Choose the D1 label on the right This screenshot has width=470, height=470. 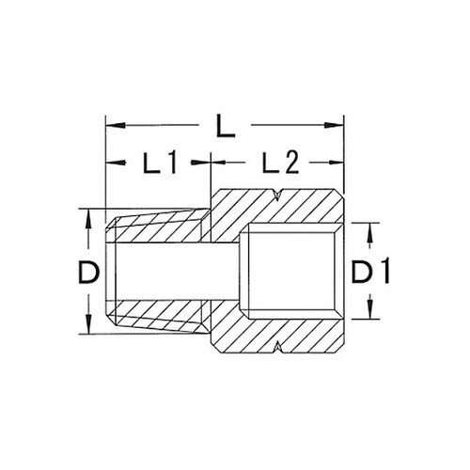370,273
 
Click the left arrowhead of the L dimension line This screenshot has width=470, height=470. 109,123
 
